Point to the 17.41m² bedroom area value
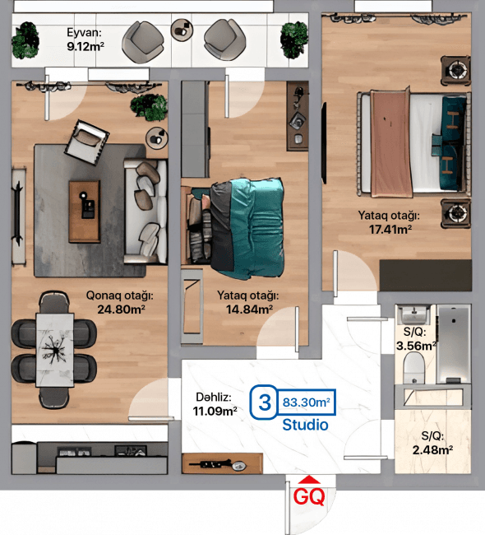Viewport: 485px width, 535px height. pos(388,230)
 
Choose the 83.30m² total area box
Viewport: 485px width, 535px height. pos(307,402)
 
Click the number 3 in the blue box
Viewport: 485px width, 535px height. pos(264,402)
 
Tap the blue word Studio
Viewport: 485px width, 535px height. pos(305,426)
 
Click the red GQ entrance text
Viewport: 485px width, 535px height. pos(309,497)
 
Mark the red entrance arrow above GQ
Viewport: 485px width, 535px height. pos(309,481)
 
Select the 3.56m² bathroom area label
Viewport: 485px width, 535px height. pos(416,346)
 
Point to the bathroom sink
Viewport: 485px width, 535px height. pos(413,315)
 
